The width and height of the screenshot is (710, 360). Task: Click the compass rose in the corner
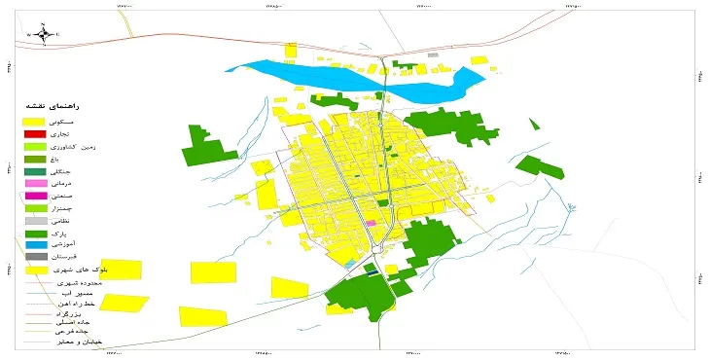(42, 33)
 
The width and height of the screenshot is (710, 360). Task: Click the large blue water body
(321, 74)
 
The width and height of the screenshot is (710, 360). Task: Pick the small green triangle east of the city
(533, 123)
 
